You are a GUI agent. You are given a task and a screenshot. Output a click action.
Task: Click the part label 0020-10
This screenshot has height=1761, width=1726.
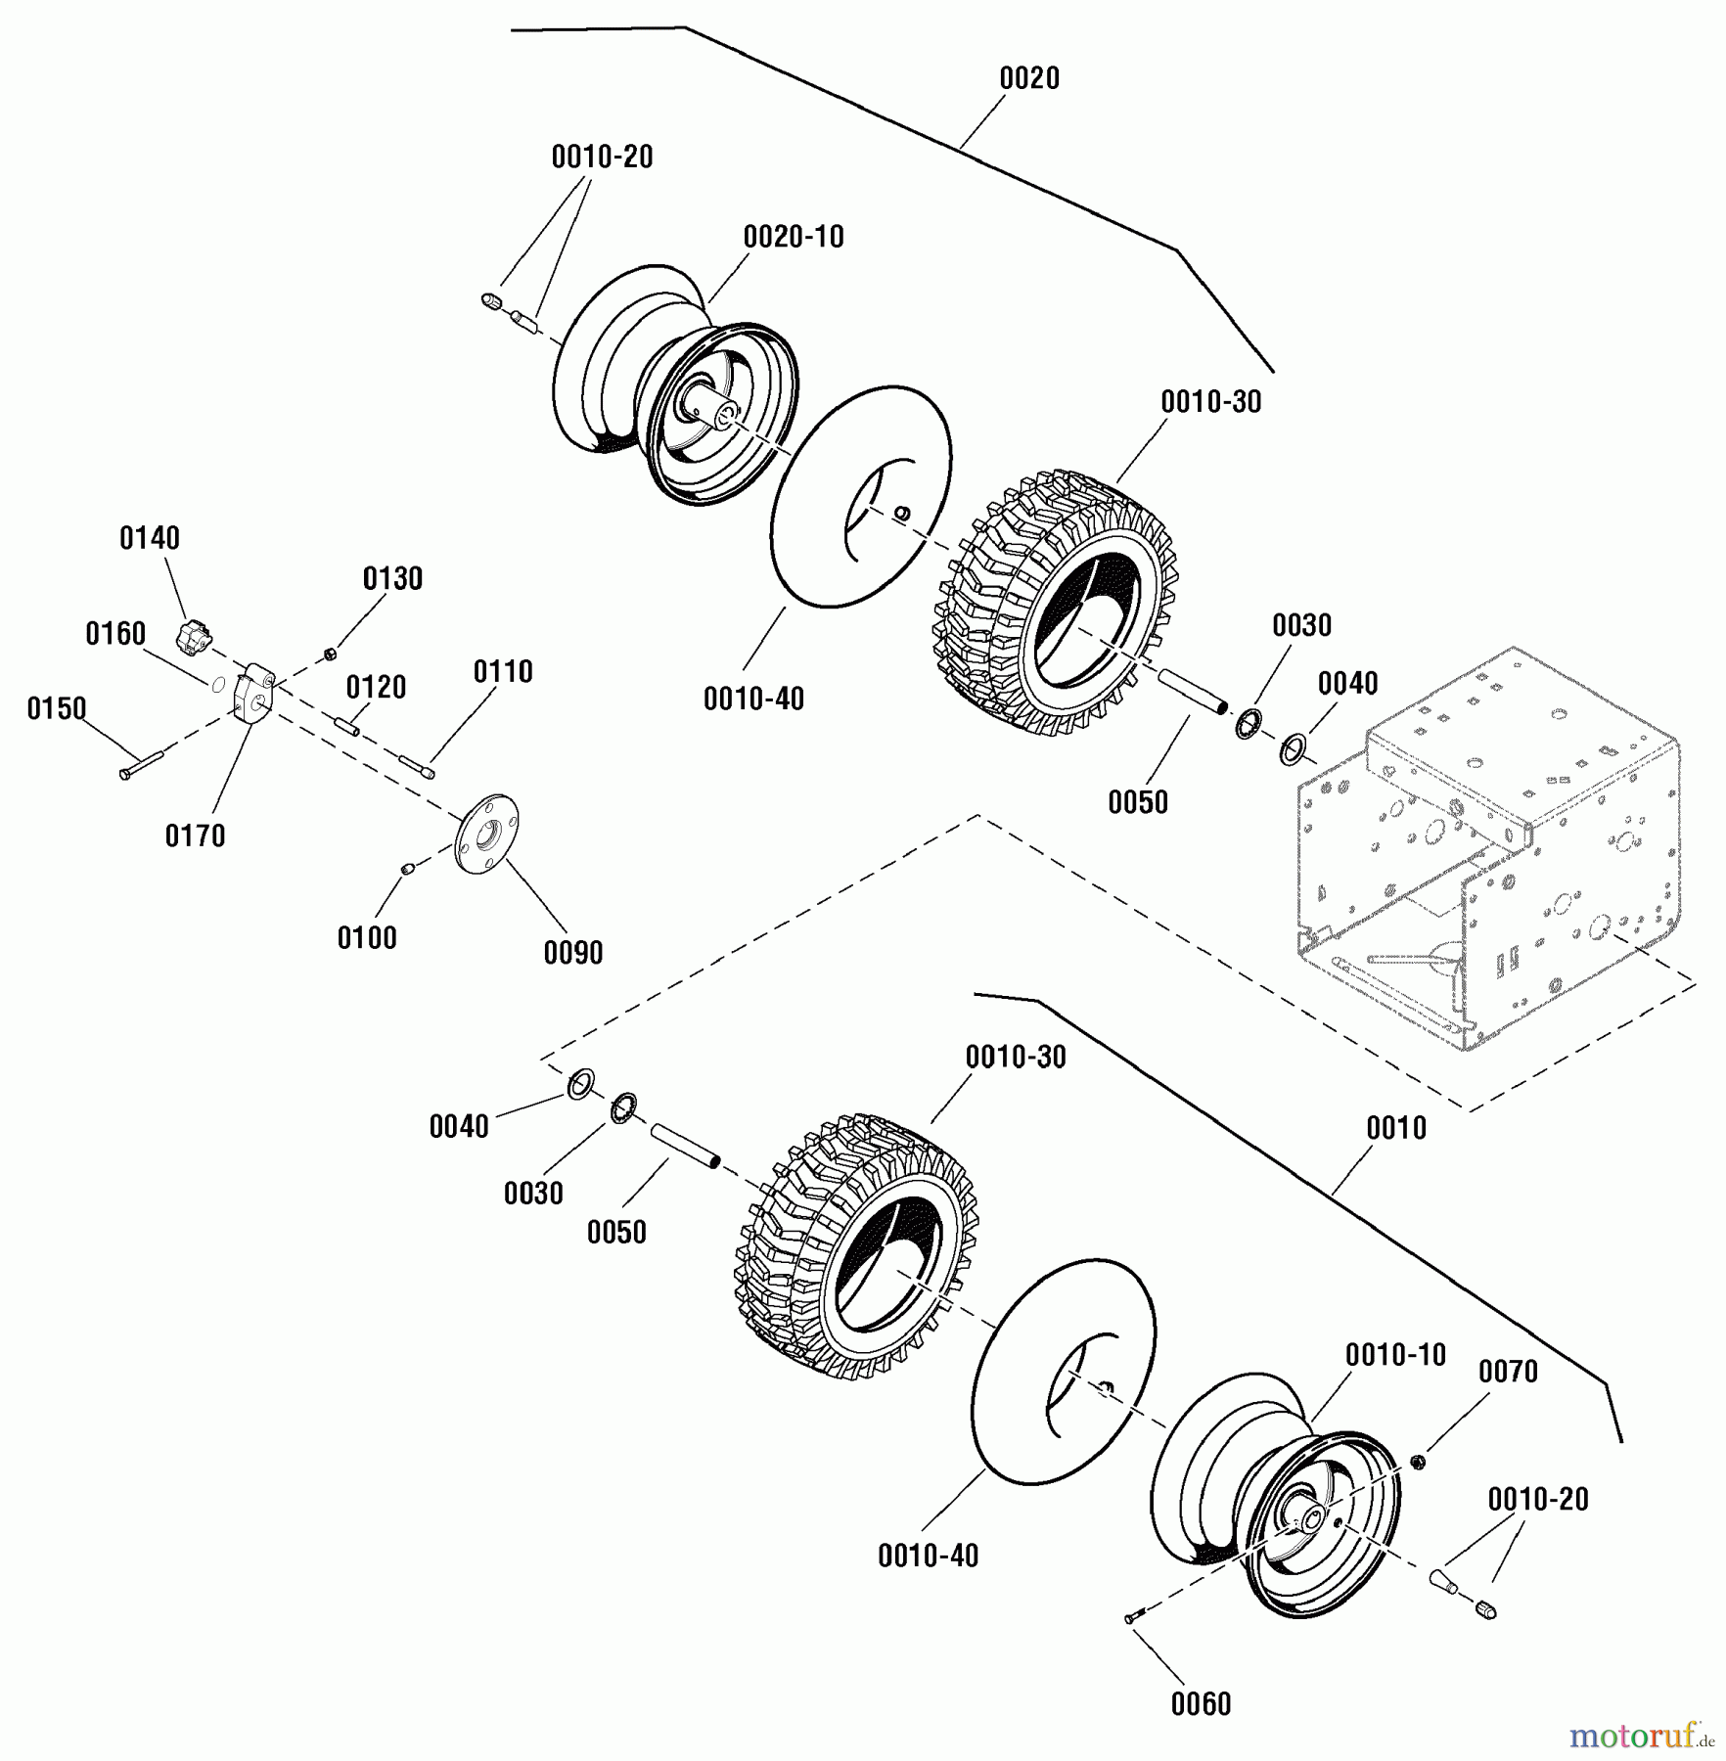(794, 237)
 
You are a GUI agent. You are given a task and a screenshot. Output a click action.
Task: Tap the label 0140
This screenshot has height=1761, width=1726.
(150, 538)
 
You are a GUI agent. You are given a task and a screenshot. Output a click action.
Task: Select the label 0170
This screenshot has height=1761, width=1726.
(195, 835)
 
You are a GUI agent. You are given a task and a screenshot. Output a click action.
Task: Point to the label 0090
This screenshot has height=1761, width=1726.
(573, 952)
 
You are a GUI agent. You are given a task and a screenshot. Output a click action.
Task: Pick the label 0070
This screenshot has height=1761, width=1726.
(1508, 1372)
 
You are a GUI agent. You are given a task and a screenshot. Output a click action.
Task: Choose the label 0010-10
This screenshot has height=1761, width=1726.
(1395, 1355)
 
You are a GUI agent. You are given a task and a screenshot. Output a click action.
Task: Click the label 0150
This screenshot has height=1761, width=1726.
(57, 708)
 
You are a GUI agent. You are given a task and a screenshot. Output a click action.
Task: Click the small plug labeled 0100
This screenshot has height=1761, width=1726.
(411, 869)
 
